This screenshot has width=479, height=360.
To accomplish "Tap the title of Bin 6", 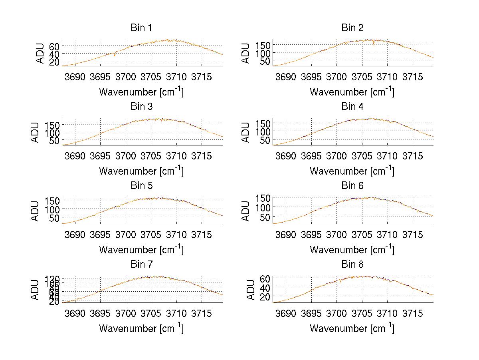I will pyautogui.click(x=352, y=185).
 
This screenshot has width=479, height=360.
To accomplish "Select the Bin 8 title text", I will pyautogui.click(x=352, y=264).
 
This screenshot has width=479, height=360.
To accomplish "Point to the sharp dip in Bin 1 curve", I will pyautogui.click(x=115, y=55).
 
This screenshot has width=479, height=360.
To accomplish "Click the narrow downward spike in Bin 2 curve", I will pyautogui.click(x=374, y=44).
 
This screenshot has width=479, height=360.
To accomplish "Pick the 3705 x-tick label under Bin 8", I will pyautogui.click(x=362, y=313).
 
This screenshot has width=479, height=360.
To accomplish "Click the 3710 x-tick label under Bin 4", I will pyautogui.click(x=387, y=155).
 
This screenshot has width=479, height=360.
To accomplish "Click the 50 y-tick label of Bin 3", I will pyautogui.click(x=55, y=141).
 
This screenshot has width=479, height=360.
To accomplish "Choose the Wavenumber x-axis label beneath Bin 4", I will pyautogui.click(x=352, y=171).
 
